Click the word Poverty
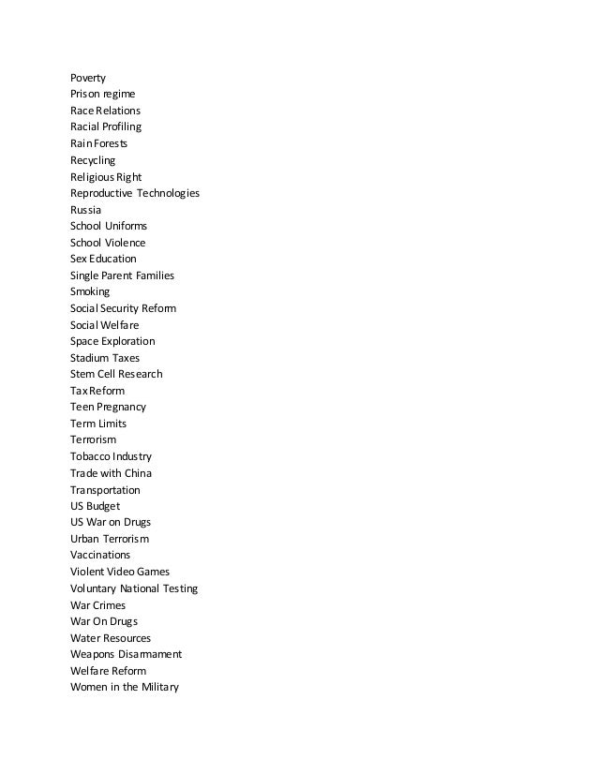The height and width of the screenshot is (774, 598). click(88, 78)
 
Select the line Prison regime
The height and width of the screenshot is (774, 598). click(103, 95)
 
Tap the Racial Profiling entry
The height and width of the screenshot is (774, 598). click(106, 127)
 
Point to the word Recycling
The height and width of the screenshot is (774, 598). click(93, 160)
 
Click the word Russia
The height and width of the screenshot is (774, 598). click(85, 210)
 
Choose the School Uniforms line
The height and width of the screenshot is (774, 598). click(109, 227)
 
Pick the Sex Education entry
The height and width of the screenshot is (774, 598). click(103, 259)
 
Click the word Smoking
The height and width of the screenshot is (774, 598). click(90, 291)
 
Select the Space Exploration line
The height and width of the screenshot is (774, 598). click(112, 341)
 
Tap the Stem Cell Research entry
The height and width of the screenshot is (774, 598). click(116, 374)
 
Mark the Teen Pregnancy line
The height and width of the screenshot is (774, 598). click(108, 407)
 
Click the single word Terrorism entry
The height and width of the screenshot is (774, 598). click(94, 439)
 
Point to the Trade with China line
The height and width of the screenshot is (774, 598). click(111, 473)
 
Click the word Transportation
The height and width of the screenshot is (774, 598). click(105, 490)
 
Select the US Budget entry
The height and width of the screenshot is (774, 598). click(95, 506)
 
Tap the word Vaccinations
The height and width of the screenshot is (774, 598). click(100, 555)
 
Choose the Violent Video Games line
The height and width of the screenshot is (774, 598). click(120, 572)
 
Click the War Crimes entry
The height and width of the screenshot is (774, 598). click(97, 605)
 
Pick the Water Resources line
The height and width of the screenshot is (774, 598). click(111, 638)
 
